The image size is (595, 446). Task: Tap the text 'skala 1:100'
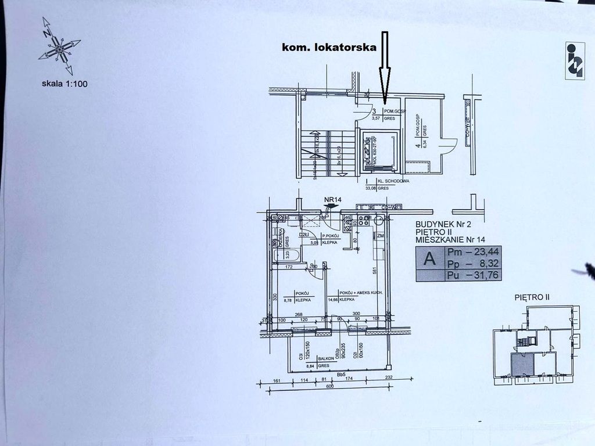[x=64, y=84]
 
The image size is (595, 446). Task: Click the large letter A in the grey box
[x=429, y=259]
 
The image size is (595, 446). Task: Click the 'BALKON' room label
[x=318, y=359]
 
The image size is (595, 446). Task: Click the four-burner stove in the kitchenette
[x=364, y=221]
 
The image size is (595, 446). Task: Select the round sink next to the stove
[x=379, y=220]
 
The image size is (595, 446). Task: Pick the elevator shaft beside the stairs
[x=377, y=151]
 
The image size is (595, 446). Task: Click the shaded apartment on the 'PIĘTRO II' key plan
[x=521, y=364]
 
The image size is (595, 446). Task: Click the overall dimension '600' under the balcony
[x=329, y=387]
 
